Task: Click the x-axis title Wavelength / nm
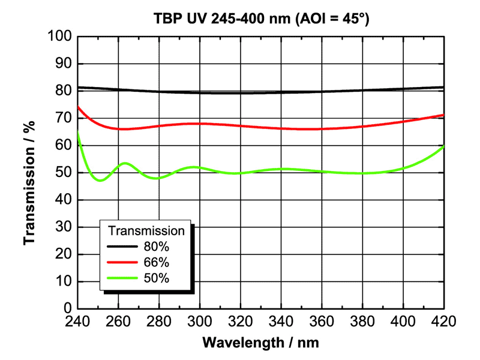coord(260,343)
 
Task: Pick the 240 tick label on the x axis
coord(77,322)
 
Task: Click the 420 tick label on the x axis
coord(443,322)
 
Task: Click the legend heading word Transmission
coord(146,230)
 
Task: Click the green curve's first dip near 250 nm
coord(100,180)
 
